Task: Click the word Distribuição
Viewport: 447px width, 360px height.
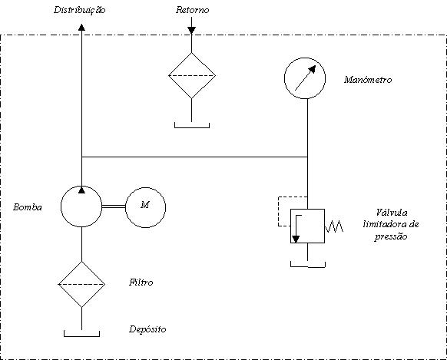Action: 80,10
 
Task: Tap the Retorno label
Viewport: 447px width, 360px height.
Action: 193,10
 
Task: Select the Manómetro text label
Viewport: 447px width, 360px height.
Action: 368,80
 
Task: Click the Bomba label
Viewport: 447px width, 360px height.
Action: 28,207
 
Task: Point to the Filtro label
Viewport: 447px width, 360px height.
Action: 141,282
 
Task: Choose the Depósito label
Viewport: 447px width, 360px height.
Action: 147,329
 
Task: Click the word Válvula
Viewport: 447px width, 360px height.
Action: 392,213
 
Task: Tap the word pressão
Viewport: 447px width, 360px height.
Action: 391,236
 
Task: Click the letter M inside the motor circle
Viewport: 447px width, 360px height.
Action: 145,205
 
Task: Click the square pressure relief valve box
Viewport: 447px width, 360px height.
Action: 290,226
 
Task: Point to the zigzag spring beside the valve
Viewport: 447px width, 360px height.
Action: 334,226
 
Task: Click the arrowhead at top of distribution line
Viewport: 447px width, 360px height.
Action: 82,28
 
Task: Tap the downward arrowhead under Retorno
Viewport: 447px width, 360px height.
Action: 191,30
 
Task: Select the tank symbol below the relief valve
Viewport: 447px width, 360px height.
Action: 308,267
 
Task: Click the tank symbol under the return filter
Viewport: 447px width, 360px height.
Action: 192,127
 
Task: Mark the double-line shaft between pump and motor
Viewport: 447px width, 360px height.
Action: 114,206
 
